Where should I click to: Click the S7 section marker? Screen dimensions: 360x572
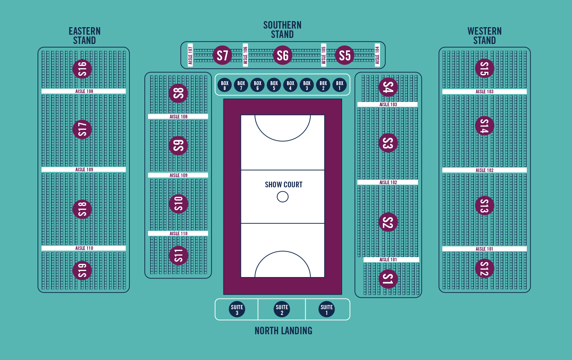click(222, 55)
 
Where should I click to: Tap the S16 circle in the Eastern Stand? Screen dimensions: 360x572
click(82, 69)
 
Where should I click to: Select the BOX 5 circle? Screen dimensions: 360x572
click(274, 85)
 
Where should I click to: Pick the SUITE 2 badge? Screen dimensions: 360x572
click(282, 310)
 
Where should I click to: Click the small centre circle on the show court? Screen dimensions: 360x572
click(282, 197)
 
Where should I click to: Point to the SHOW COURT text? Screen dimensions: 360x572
click(283, 184)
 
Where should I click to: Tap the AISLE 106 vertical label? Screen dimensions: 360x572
click(245, 55)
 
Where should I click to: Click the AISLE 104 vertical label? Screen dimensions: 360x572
click(377, 55)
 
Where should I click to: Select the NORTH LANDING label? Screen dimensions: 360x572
click(283, 331)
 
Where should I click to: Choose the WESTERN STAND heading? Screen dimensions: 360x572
click(484, 36)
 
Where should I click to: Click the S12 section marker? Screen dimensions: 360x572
click(484, 268)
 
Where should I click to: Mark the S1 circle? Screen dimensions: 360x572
click(388, 279)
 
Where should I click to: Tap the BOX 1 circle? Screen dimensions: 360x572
click(340, 85)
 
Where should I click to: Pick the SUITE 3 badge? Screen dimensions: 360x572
click(237, 310)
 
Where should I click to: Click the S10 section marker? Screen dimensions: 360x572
click(178, 204)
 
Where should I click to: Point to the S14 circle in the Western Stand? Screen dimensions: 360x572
click(484, 126)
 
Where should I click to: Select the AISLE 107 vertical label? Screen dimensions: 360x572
click(190, 55)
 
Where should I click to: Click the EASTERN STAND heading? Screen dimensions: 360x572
click(84, 36)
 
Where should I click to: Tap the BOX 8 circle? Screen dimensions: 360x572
click(225, 85)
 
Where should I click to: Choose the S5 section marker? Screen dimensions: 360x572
click(345, 55)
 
